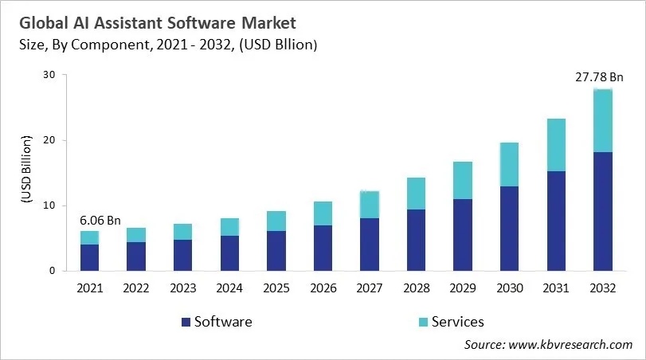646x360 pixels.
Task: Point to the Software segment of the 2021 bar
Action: [x=89, y=257]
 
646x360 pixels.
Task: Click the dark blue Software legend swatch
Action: [x=186, y=322]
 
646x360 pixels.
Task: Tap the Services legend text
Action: [x=457, y=322]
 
